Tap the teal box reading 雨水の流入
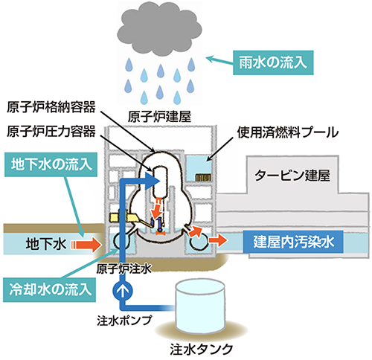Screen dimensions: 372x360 pos(273,62)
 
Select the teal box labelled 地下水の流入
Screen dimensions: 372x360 pos(51,164)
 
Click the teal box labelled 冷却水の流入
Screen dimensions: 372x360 pos(49,289)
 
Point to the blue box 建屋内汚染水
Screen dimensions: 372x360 pos(293,242)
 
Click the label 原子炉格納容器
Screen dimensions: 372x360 pos(51,107)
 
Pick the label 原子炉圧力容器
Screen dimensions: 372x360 pos(51,132)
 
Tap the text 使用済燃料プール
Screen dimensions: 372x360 pos(288,132)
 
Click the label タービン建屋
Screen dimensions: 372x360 pos(292,176)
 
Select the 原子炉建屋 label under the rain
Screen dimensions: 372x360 pos(159,117)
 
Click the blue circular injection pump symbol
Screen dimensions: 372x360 pos(123,291)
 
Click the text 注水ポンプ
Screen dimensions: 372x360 pos(124,321)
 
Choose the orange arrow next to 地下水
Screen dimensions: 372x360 pos(86,244)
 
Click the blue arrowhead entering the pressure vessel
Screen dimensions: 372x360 pos(153,181)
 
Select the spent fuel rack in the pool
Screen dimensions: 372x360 pos(203,178)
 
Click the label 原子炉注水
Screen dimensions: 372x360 pos(124,269)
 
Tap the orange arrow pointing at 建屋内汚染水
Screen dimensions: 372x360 pos(217,240)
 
